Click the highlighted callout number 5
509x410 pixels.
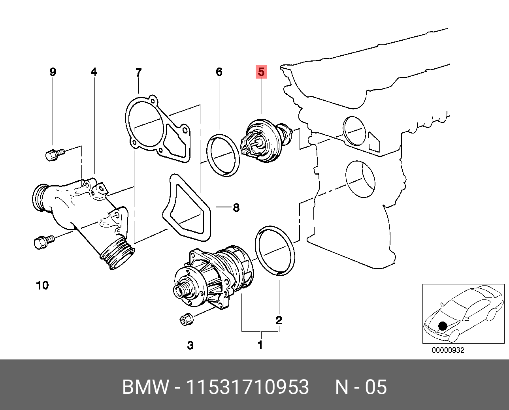point(261,72)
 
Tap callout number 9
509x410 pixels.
point(53,72)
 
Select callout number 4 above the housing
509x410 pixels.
point(94,72)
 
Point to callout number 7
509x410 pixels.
point(138,72)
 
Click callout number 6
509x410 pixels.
point(219,72)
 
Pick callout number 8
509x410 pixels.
point(236,207)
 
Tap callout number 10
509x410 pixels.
point(42,285)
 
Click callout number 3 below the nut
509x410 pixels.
point(190,345)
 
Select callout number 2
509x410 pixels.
point(279,320)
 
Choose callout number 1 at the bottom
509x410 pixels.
point(260,345)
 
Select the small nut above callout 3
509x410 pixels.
point(186,318)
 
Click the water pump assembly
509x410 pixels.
point(213,276)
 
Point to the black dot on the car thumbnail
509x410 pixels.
point(443,326)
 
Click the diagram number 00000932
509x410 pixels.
point(448,350)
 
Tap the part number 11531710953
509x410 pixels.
point(247,387)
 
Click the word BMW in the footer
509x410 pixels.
point(145,387)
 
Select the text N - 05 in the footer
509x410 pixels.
point(360,387)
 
